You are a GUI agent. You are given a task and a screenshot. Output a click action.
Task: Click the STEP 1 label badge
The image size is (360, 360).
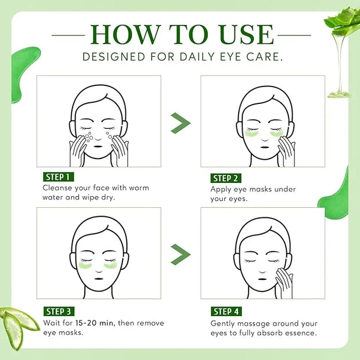click(58, 177)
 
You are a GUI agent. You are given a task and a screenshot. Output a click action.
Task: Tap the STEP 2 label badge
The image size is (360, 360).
click(226, 178)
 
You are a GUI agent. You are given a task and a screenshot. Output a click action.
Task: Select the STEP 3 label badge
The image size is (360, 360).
click(59, 311)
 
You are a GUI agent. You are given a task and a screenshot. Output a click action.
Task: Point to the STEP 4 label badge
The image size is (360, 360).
click(226, 311)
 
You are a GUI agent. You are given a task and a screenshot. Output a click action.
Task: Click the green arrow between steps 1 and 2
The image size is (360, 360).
click(181, 123)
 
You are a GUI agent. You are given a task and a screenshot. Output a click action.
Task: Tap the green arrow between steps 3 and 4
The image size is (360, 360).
click(181, 254)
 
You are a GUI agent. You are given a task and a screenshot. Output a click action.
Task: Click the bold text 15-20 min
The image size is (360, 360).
click(94, 323)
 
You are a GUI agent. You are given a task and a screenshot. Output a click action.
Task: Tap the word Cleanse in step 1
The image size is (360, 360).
click(57, 188)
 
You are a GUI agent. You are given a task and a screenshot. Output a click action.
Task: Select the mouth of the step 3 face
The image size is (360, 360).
click(99, 279)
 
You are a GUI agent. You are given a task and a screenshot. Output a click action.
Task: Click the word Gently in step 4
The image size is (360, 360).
click(222, 324)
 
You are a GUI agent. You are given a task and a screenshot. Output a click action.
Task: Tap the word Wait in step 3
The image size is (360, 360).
click(52, 323)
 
